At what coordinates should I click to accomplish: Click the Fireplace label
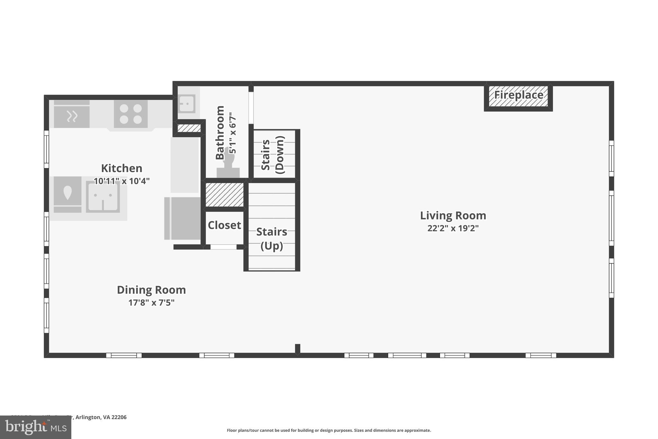point(518,95)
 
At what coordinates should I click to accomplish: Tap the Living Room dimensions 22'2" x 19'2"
point(453,228)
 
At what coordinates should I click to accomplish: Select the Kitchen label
point(121,168)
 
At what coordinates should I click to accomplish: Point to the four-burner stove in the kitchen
point(131,114)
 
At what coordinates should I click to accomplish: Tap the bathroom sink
point(187,104)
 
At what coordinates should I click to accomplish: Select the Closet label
point(224,225)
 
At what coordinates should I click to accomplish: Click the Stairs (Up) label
point(271,239)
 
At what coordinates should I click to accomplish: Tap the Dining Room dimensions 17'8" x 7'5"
point(151,303)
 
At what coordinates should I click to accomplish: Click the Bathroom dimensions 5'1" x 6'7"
point(233,133)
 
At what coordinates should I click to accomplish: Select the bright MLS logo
point(35,427)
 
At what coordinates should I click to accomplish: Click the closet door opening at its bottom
point(223,247)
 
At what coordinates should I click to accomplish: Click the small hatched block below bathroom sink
point(189,128)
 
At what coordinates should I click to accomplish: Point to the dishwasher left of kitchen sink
point(67,194)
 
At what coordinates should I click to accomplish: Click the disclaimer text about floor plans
point(329,430)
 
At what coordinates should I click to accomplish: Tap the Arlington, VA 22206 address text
point(101,417)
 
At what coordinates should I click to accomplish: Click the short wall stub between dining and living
point(298,349)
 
